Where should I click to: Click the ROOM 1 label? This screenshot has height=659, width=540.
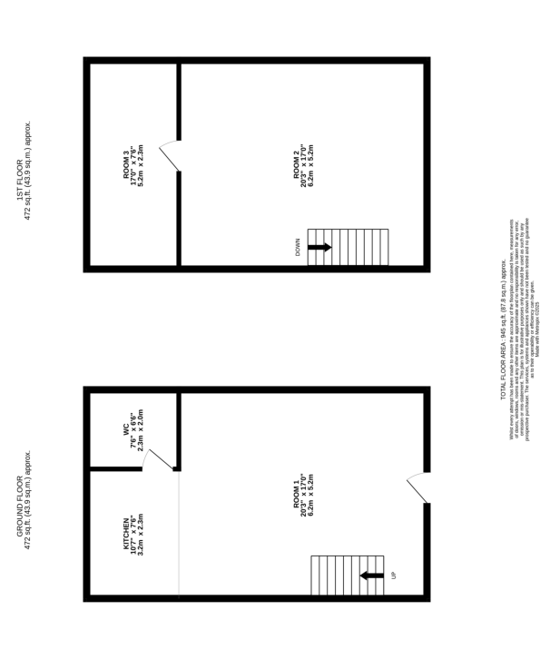coord(295,495)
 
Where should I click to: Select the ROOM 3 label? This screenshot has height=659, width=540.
coord(126,164)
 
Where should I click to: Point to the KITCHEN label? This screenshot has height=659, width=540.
coord(126,534)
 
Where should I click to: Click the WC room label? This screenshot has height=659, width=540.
coord(126,429)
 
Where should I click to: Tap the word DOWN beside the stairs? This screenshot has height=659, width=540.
coord(297,247)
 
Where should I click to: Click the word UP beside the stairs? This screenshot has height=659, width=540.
coord(393,575)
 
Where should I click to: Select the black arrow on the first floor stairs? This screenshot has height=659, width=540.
coord(319,247)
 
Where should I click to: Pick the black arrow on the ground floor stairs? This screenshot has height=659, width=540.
coord(371,575)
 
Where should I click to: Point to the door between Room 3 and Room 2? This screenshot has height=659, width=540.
coord(170,156)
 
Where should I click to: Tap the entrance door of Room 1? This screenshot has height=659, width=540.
coord(417,487)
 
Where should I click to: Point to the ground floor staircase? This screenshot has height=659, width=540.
coord(348,575)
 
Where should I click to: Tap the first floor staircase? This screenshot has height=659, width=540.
coord(348,247)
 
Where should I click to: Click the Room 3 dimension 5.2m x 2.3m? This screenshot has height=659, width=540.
coord(141,165)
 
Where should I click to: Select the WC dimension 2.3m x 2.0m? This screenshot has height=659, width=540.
coord(141,429)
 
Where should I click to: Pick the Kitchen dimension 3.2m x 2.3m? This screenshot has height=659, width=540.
coord(141,535)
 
